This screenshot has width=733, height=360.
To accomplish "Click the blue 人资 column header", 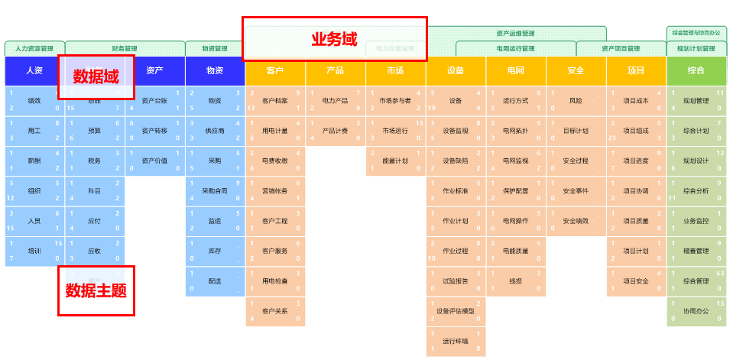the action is click(x=34, y=71).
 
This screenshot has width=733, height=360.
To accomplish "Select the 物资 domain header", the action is click(x=215, y=71).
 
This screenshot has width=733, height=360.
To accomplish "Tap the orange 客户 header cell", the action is click(x=275, y=71).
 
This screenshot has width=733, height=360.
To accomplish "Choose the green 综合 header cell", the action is click(x=696, y=71).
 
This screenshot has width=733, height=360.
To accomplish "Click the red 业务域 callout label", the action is click(x=334, y=39).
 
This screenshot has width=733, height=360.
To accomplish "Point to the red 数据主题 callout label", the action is click(x=96, y=290).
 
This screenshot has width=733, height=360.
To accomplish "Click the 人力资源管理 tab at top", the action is click(x=34, y=48).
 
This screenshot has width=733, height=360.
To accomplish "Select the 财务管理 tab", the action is click(x=125, y=48).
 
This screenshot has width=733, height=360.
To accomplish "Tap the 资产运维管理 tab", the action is click(x=516, y=34).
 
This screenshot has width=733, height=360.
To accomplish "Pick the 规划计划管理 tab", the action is click(x=696, y=48).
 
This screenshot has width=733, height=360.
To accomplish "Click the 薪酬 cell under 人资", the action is click(x=34, y=161).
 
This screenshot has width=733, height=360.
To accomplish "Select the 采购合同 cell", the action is click(x=215, y=191).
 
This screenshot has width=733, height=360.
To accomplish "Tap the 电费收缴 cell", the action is click(x=275, y=161).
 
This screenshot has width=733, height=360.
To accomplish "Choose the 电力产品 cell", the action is click(x=336, y=101).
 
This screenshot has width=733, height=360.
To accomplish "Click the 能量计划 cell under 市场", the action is click(x=395, y=161).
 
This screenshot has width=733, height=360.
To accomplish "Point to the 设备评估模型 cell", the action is click(x=456, y=311).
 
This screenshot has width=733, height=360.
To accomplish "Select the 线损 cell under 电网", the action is click(x=516, y=281).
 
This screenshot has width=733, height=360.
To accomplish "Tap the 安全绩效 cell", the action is click(x=576, y=221).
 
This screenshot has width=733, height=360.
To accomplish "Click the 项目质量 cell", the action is click(x=636, y=221).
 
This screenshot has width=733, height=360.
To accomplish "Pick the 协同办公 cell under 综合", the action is click(x=696, y=311).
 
